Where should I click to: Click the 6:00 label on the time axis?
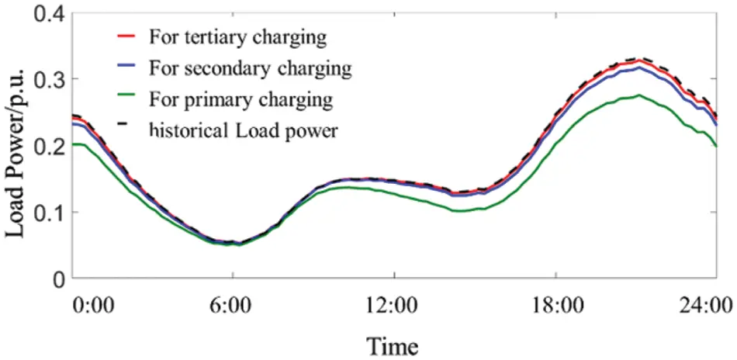[231, 303]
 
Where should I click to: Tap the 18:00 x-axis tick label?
[555, 303]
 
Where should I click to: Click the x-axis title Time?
[393, 344]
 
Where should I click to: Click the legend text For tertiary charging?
[237, 36]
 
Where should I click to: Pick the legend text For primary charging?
[241, 100]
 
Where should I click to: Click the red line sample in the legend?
[129, 36]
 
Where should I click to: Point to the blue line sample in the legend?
[129, 68]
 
